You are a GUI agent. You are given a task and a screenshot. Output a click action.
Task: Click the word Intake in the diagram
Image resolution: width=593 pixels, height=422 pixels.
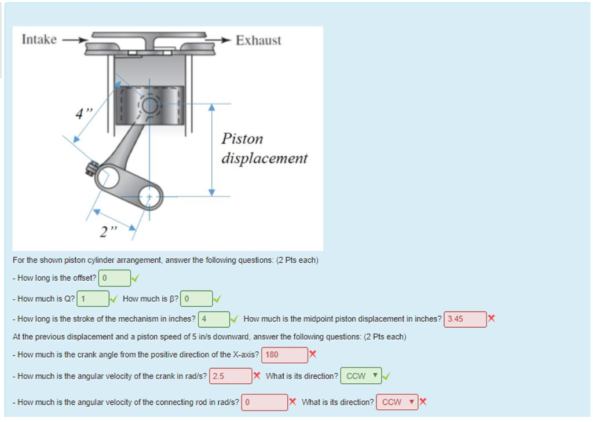(39, 39)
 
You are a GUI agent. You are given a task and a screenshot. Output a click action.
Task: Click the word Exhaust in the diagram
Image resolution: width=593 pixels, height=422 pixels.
(259, 40)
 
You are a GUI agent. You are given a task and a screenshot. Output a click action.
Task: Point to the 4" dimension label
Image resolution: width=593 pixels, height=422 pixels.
(84, 113)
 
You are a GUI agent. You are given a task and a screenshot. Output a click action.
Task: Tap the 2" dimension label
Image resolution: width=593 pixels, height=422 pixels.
(108, 231)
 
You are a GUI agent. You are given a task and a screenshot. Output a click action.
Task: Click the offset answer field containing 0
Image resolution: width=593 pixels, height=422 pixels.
(115, 278)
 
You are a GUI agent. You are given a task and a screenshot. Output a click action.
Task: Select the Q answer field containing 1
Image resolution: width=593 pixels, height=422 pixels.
(93, 299)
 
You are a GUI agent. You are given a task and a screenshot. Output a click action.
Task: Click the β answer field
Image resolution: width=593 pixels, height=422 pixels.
(196, 299)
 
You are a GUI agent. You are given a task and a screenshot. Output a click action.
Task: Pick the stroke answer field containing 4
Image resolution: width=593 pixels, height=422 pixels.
(214, 319)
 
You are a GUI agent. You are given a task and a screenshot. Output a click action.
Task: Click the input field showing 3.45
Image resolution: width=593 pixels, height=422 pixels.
(465, 319)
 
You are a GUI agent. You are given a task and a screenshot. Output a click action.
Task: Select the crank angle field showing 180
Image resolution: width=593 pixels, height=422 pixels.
(284, 355)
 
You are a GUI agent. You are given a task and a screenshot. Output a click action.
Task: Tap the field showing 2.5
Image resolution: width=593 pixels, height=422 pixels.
(230, 376)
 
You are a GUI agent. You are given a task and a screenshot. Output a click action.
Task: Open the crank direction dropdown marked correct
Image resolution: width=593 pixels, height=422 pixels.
(361, 376)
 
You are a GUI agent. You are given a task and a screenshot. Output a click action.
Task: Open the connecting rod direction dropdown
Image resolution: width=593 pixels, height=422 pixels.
(397, 402)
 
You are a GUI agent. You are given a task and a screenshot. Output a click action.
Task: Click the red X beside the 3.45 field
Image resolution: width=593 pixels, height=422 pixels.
(491, 318)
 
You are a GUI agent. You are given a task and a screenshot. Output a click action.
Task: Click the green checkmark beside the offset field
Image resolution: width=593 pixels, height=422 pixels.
(136, 278)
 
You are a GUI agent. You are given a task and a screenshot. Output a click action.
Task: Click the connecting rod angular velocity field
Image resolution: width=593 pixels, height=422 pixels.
(264, 402)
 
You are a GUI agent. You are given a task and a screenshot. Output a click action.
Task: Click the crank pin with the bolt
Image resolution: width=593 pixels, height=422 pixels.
(108, 177)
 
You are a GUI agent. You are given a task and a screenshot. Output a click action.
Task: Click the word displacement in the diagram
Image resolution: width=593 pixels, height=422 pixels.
(264, 159)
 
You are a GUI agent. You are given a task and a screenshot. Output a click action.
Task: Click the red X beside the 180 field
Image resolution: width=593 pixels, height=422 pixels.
(312, 354)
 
